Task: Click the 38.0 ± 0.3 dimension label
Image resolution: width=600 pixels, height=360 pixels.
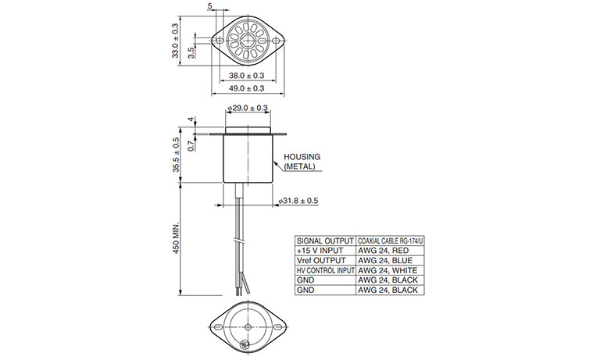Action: (246, 76)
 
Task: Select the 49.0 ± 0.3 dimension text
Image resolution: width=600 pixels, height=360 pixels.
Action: (246, 88)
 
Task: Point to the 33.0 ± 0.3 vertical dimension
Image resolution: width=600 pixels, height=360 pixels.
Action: (175, 41)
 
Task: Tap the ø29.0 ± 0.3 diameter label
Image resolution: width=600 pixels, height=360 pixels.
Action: (248, 109)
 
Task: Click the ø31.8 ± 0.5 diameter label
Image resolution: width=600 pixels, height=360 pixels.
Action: (298, 201)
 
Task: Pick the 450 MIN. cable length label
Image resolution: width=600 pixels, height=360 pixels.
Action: (176, 238)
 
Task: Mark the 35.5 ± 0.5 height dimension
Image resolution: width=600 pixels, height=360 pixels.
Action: (176, 155)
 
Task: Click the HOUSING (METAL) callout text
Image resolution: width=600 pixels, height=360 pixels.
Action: (302, 162)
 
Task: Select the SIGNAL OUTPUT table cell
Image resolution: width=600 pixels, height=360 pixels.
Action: (325, 241)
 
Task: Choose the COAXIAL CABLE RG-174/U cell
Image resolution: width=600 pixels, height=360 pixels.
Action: (390, 241)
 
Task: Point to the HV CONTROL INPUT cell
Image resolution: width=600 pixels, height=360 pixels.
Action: (325, 270)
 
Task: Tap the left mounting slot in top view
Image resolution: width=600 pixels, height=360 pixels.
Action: (220, 40)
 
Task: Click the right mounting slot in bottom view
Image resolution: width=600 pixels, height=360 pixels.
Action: (278, 327)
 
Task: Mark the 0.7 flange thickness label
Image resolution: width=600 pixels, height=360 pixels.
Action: (191, 145)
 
